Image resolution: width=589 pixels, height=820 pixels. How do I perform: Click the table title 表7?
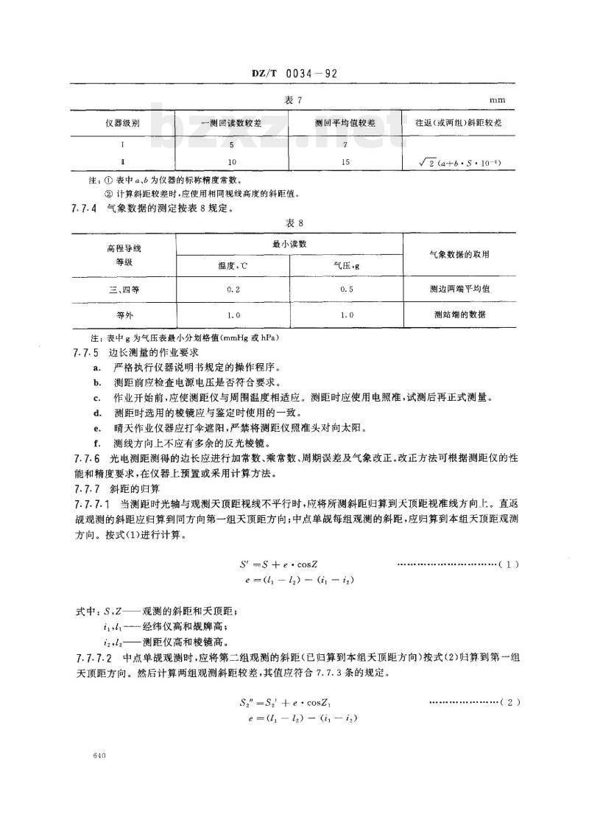tap(294, 99)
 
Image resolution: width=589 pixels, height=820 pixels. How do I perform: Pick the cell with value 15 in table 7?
tap(345, 161)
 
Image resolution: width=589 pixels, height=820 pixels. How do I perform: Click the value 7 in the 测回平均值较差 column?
tap(345, 146)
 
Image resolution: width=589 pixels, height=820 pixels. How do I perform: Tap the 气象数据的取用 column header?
tap(461, 254)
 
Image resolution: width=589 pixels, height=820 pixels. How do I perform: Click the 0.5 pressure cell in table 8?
tap(345, 289)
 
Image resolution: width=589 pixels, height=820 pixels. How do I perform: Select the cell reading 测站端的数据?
tap(461, 315)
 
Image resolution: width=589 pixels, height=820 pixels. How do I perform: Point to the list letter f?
tap(96, 444)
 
